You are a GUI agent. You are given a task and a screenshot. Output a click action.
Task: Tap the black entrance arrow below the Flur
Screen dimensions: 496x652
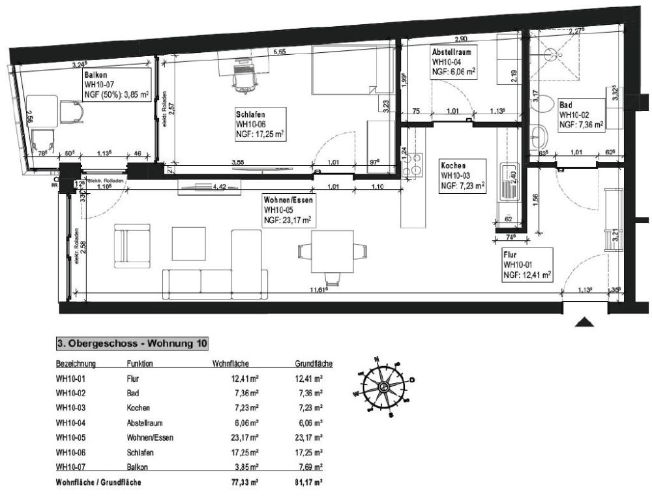pos(585,322)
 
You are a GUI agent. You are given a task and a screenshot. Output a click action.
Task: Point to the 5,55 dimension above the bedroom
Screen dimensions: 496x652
pos(278,52)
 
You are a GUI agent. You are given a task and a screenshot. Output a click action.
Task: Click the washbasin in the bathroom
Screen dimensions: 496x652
pos(541,138)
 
